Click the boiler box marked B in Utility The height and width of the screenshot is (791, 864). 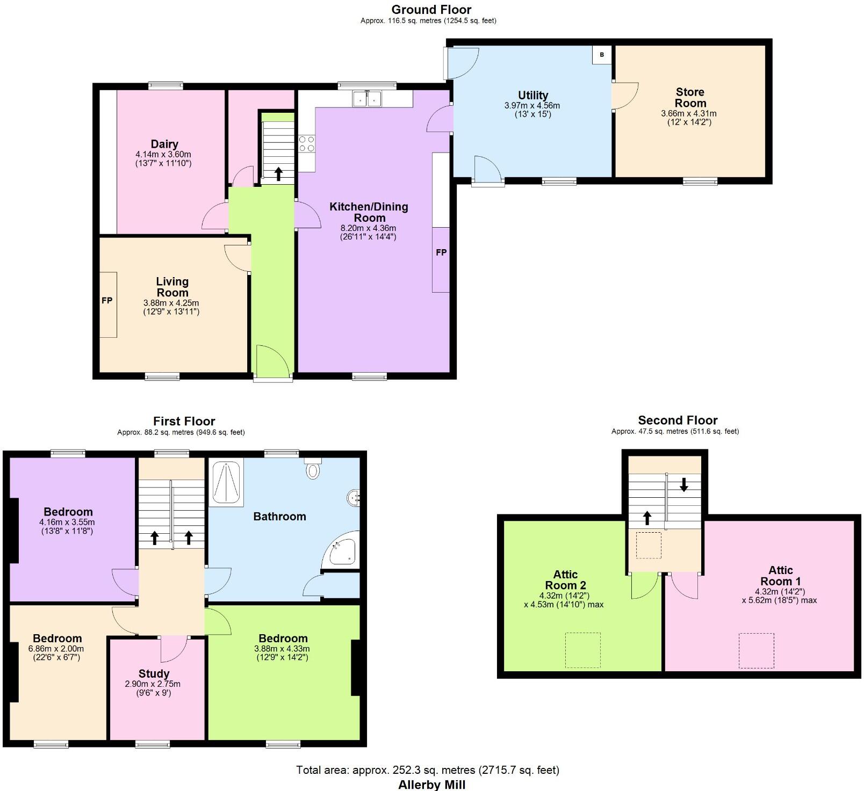602,55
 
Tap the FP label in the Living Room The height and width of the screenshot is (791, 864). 107,301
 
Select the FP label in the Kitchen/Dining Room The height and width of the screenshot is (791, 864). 441,252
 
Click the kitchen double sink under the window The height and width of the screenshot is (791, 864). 367,99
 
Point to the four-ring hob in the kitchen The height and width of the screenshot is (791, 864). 307,144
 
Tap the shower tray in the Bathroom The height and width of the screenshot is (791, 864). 226,482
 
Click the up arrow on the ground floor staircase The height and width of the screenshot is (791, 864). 278,173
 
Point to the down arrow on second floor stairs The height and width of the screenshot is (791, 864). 683,485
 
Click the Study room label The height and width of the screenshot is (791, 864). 154,673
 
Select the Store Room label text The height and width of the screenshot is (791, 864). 690,98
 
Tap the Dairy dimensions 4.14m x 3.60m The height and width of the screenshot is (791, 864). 163,154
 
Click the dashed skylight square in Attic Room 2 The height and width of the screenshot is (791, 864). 582,650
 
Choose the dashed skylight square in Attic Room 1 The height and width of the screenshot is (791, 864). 756,650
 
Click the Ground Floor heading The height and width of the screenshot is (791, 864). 431,10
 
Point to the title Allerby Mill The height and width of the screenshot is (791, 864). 431,785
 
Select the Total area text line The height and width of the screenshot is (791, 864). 428,770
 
